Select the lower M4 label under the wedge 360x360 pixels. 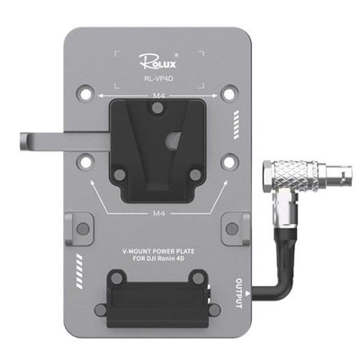(x=157, y=215)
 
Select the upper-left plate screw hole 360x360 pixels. (x=85, y=92)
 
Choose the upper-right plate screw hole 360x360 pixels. (x=230, y=92)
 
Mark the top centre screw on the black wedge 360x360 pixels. (x=157, y=109)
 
